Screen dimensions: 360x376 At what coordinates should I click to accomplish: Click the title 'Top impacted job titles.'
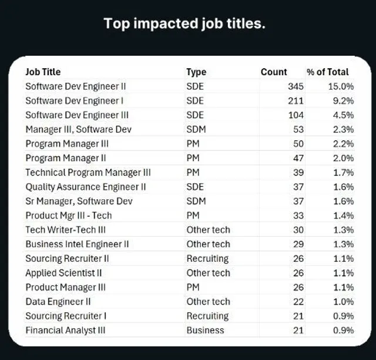tap(184, 24)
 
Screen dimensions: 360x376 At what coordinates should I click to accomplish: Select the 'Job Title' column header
tap(43, 72)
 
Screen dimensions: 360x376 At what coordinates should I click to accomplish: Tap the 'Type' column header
tap(196, 72)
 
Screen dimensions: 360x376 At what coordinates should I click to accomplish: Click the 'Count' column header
tap(274, 72)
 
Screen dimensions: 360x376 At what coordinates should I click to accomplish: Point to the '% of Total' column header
tap(328, 72)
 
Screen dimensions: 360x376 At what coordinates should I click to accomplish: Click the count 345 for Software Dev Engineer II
tap(296, 86)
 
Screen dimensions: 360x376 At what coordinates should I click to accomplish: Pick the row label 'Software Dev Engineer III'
tap(77, 115)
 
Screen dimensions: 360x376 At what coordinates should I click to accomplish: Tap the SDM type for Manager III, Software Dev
tap(196, 129)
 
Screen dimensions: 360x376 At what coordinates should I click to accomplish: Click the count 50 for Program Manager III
tap(298, 144)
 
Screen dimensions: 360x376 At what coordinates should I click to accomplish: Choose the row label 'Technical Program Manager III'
tap(88, 172)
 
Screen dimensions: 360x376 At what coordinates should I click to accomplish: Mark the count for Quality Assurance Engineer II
tap(298, 187)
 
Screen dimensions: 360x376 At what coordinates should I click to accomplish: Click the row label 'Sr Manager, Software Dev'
tap(79, 201)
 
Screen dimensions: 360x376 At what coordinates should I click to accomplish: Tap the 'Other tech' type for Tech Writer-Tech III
tap(208, 230)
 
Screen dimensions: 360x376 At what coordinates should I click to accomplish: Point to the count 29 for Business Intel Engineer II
tap(298, 244)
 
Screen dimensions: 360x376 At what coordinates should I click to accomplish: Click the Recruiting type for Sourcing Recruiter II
tap(207, 258)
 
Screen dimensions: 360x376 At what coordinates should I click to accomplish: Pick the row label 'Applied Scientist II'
tap(63, 272)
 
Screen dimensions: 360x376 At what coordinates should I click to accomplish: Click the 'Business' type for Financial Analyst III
tap(205, 330)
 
